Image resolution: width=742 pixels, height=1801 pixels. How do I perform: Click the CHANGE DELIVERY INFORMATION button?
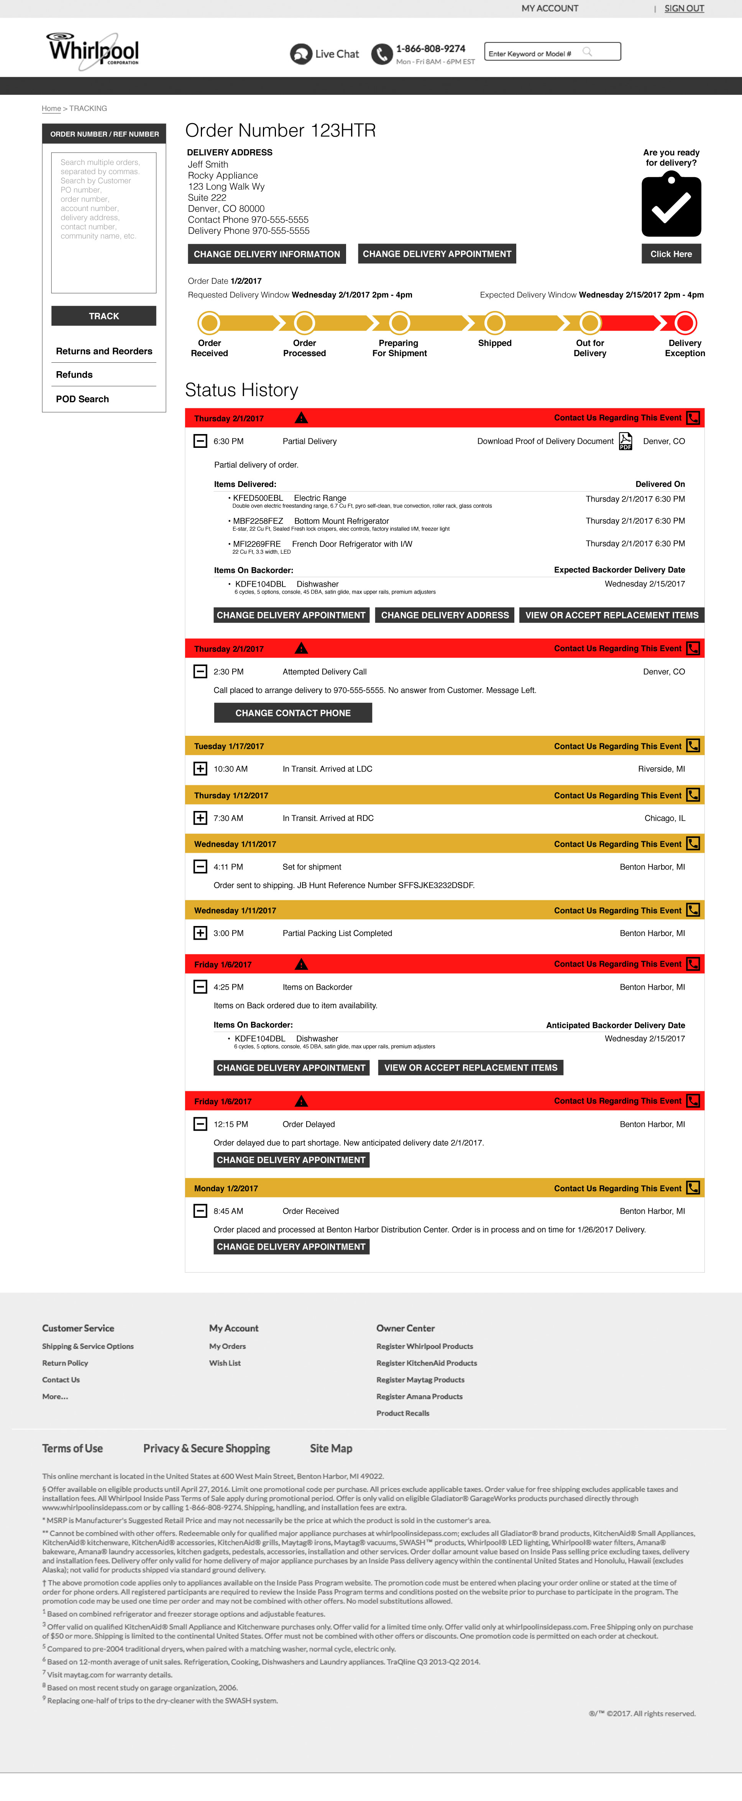(267, 254)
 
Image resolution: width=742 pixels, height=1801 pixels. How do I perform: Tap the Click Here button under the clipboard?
(671, 254)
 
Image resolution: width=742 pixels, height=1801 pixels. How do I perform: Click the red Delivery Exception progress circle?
(685, 323)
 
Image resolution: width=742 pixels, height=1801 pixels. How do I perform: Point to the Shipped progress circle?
(495, 323)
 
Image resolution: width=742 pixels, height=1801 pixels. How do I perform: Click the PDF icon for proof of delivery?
(625, 441)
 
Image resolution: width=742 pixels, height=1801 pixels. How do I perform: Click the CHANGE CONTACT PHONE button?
(293, 713)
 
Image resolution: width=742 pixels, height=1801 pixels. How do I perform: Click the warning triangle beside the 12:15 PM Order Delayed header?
(301, 1101)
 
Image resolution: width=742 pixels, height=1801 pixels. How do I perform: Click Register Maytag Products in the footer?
(420, 1380)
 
